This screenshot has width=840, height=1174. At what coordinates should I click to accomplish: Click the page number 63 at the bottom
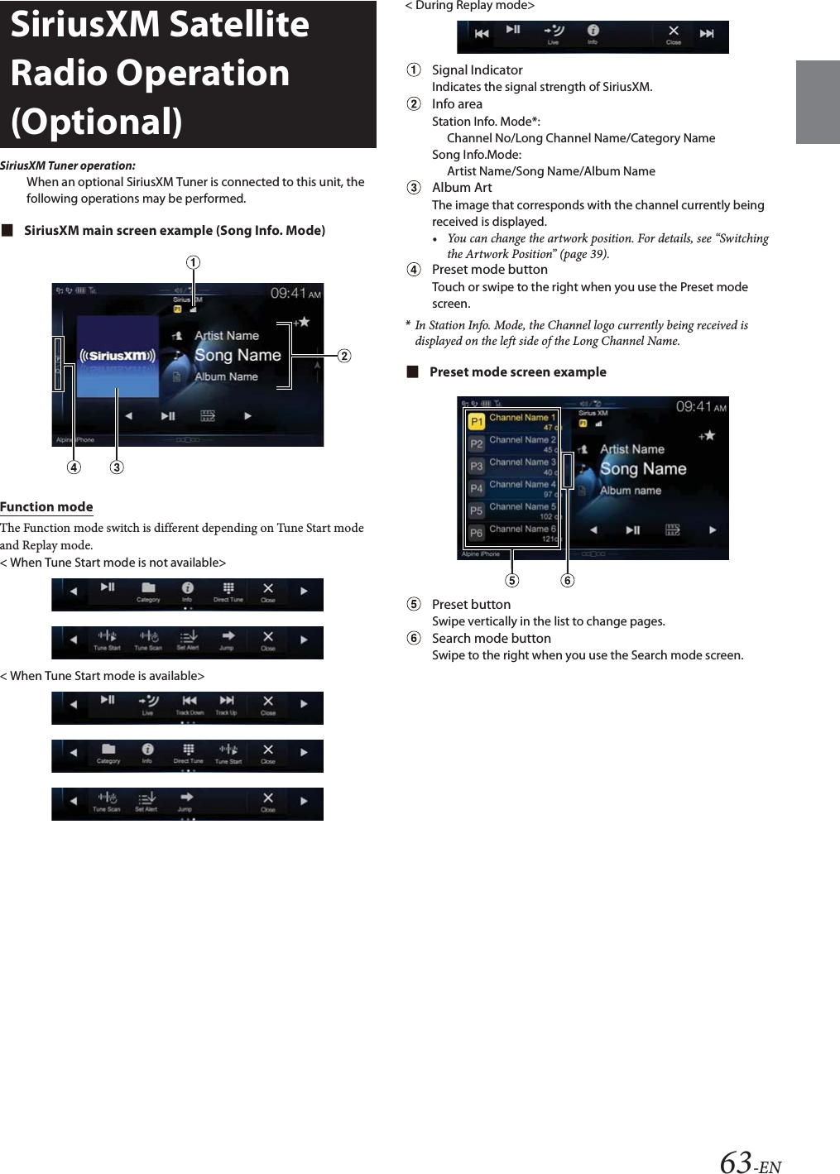click(x=736, y=1162)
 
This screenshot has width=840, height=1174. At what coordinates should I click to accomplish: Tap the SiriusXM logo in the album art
click(x=117, y=356)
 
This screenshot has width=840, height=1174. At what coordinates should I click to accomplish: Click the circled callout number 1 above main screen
click(x=193, y=262)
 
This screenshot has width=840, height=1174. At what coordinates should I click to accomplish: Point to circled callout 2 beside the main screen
click(x=344, y=356)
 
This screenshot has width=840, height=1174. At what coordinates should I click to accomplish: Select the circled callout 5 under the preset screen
click(x=512, y=580)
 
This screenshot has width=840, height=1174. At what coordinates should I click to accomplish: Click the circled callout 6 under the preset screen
click(x=567, y=580)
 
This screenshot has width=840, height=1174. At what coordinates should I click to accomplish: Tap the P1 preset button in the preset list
click(x=477, y=422)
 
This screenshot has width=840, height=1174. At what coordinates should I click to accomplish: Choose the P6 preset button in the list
click(x=477, y=533)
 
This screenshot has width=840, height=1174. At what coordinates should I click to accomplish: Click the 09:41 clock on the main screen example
click(x=289, y=294)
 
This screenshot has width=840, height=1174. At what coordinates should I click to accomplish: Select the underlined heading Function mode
click(x=46, y=506)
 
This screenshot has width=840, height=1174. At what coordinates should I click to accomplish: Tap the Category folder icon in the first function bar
click(x=148, y=589)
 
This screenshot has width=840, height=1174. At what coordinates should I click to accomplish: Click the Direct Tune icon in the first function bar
click(x=228, y=589)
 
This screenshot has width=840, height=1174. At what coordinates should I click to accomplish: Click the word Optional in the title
click(x=97, y=122)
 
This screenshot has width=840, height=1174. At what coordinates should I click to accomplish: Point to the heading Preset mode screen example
click(x=517, y=371)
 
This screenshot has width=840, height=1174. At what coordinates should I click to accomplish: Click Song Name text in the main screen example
click(x=238, y=355)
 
